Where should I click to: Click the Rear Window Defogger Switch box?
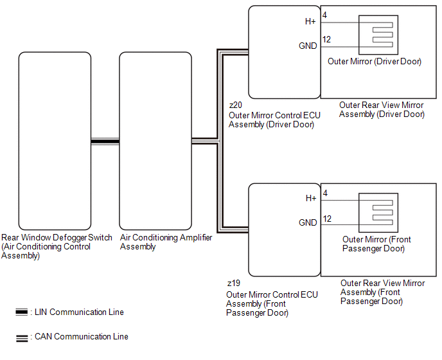[55, 141]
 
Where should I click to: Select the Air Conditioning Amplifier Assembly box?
[155, 141]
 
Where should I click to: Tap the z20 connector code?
[236, 105]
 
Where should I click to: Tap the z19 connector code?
[234, 282]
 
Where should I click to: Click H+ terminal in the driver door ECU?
[310, 21]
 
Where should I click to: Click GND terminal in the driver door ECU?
[308, 46]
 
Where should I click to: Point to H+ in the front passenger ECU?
[310, 198]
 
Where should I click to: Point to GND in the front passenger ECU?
[308, 222]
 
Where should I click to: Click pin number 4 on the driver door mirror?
[325, 15]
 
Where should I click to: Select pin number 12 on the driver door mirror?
[327, 40]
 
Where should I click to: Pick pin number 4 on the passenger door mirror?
[325, 192]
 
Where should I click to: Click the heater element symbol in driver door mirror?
[378, 35]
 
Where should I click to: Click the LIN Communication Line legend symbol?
[21, 312]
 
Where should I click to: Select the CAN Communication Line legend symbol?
[21, 337]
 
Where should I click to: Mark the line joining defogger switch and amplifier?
[105, 141]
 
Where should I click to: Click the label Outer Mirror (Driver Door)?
[375, 62]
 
